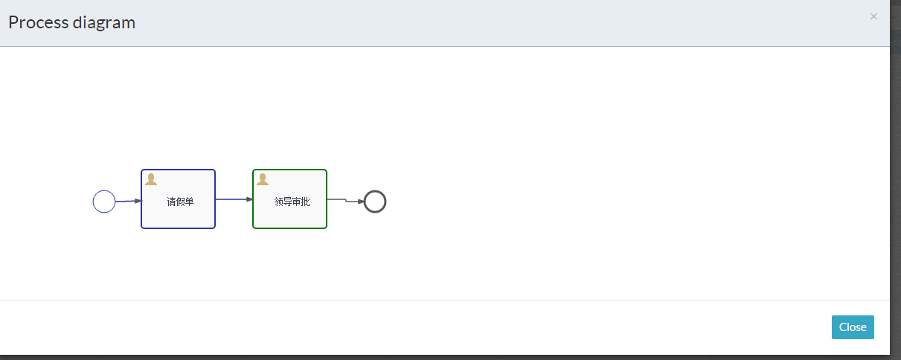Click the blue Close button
853,327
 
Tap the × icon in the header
873,16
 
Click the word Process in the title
38,22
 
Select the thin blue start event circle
104,202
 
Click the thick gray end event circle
375,202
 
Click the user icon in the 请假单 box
151,179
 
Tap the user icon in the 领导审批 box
263,179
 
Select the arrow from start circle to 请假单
126,201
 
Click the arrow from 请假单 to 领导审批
232,199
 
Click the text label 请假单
180,202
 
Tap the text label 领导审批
292,202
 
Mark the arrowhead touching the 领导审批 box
250,199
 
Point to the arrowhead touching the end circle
361,202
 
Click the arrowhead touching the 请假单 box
138,201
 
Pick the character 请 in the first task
171,202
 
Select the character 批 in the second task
305,202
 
